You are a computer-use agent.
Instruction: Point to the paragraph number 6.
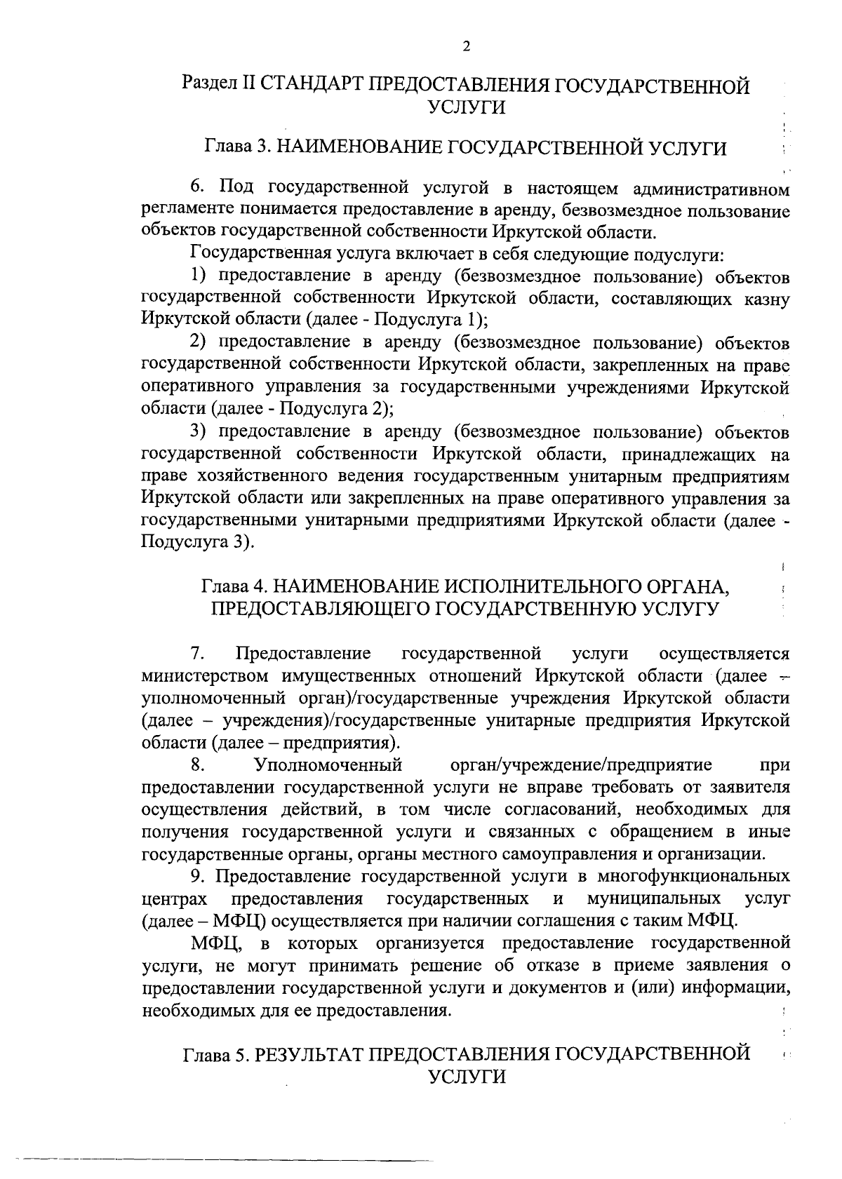pos(196,189)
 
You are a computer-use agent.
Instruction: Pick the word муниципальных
pos(655,898)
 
